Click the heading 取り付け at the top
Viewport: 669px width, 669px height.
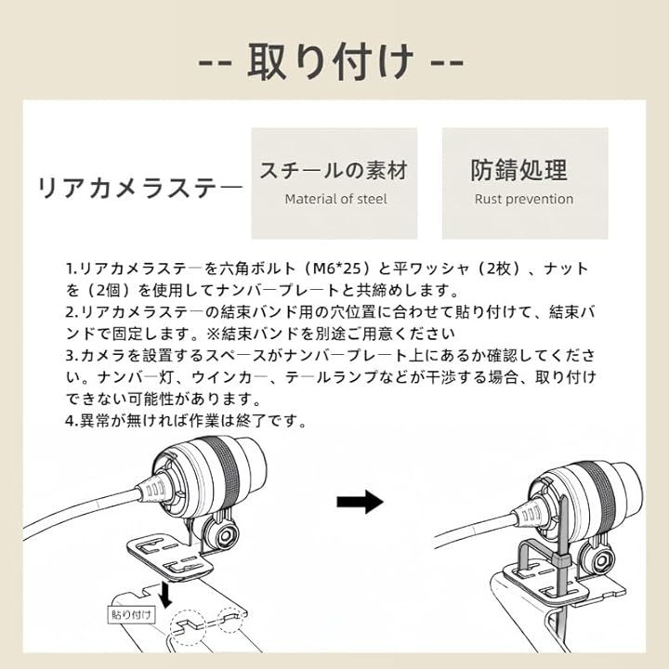(x=331, y=62)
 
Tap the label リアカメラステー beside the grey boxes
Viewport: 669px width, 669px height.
(x=141, y=188)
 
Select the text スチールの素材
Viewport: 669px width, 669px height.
(x=334, y=171)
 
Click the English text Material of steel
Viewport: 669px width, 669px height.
(x=335, y=199)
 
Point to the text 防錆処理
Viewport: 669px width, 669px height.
(x=518, y=170)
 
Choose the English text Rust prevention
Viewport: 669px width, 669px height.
(x=524, y=199)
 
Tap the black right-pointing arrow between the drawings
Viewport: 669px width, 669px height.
(x=361, y=502)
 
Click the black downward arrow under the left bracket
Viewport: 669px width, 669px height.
(x=165, y=595)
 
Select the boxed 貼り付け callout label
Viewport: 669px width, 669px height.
(x=131, y=615)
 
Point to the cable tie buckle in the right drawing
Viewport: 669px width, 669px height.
(x=560, y=559)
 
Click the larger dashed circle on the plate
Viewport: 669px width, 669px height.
(x=188, y=627)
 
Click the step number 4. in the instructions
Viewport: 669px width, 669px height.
(x=72, y=421)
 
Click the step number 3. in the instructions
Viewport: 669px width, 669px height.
(x=72, y=355)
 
